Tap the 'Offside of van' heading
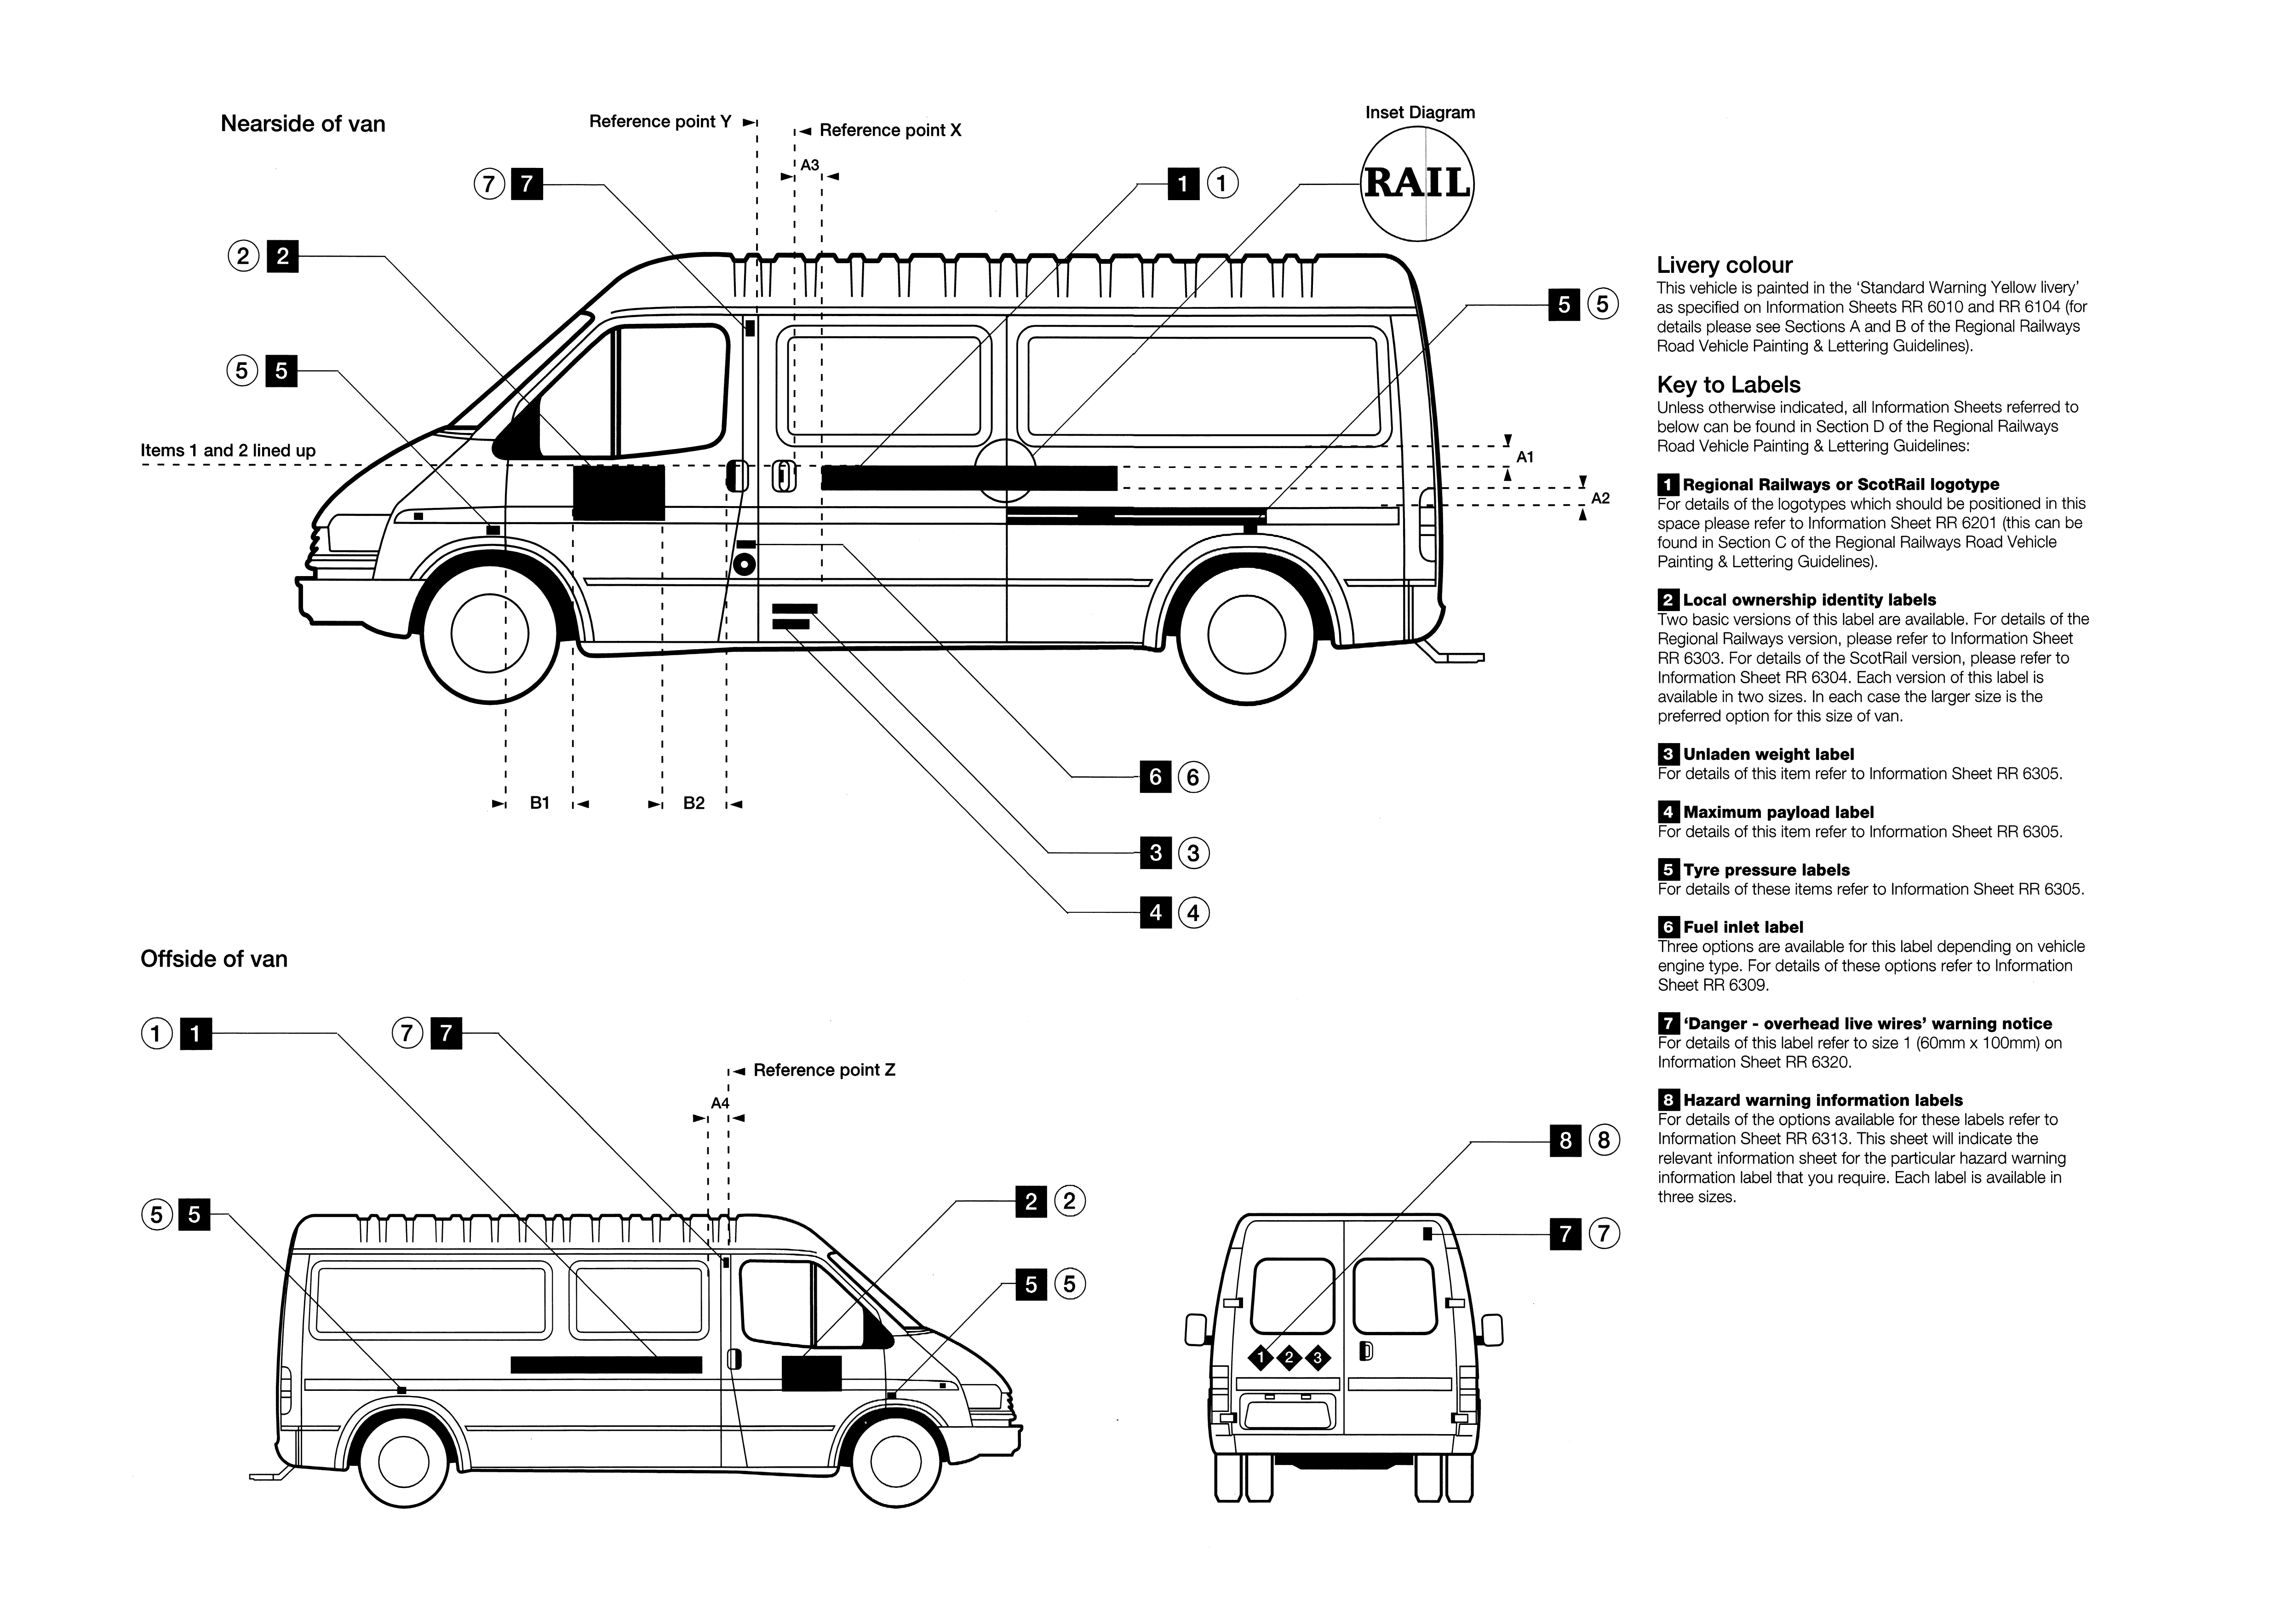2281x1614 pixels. pos(213,959)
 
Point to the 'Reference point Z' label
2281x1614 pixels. pos(824,1070)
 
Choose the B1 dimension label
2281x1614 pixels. pos(539,803)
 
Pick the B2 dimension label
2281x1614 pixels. pos(693,803)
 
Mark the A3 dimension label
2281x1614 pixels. pos(810,165)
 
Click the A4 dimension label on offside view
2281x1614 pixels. pos(719,1103)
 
